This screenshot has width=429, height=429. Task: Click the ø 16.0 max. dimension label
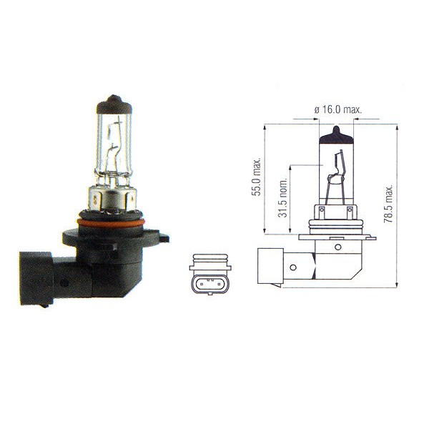click(x=338, y=109)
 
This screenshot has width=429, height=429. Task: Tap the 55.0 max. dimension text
click(x=257, y=177)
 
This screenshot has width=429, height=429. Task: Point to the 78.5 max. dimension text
click(x=388, y=203)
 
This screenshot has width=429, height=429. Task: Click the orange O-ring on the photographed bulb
click(x=111, y=223)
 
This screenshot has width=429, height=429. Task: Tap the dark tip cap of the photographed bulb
click(x=114, y=104)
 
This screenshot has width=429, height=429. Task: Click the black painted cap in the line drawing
click(x=336, y=136)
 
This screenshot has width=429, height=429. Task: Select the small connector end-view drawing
click(x=210, y=274)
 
